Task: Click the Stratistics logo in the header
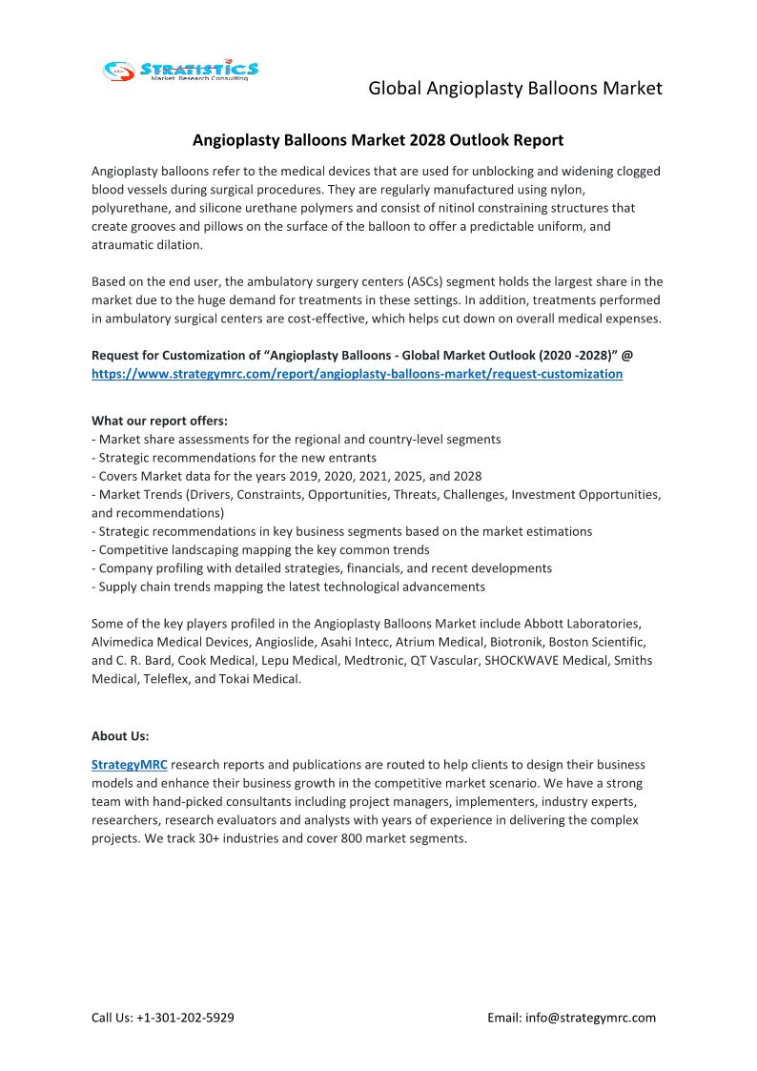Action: pyautogui.click(x=181, y=71)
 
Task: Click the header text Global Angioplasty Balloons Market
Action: pyautogui.click(x=515, y=89)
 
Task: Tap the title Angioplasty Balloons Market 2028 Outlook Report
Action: pyautogui.click(x=378, y=140)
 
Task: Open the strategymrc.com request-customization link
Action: pyautogui.click(x=357, y=374)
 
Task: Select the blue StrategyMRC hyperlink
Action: pyautogui.click(x=129, y=765)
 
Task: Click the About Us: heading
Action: pyautogui.click(x=120, y=736)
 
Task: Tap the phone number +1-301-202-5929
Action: pyautogui.click(x=186, y=1018)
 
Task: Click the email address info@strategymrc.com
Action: pyautogui.click(x=591, y=1018)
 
